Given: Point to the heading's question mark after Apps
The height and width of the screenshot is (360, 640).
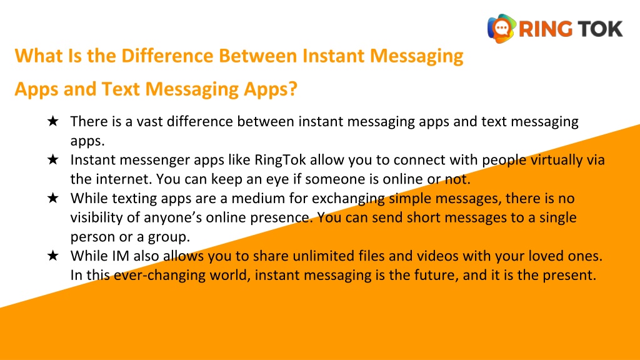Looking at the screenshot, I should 292,89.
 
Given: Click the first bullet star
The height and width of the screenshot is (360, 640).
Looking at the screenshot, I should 53,121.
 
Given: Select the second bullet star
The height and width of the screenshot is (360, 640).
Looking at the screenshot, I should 53,160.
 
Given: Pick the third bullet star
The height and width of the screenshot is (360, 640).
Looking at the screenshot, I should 53,199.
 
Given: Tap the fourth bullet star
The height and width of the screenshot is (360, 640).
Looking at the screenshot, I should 53,256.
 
